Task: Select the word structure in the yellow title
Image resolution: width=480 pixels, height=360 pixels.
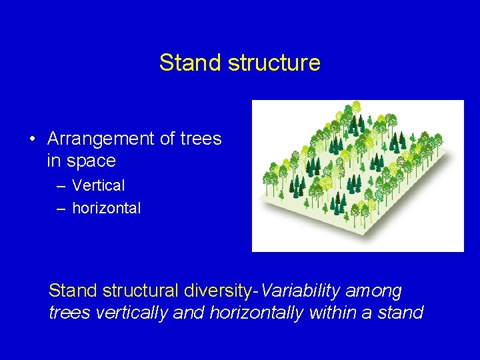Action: [274, 63]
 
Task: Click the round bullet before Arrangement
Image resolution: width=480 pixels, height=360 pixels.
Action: [32, 139]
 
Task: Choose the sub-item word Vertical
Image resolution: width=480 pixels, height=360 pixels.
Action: [98, 185]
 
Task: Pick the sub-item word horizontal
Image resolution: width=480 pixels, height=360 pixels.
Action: [106, 208]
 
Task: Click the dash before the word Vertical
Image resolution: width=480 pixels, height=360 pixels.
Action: [61, 186]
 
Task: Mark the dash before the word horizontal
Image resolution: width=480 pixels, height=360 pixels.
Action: [61, 209]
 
